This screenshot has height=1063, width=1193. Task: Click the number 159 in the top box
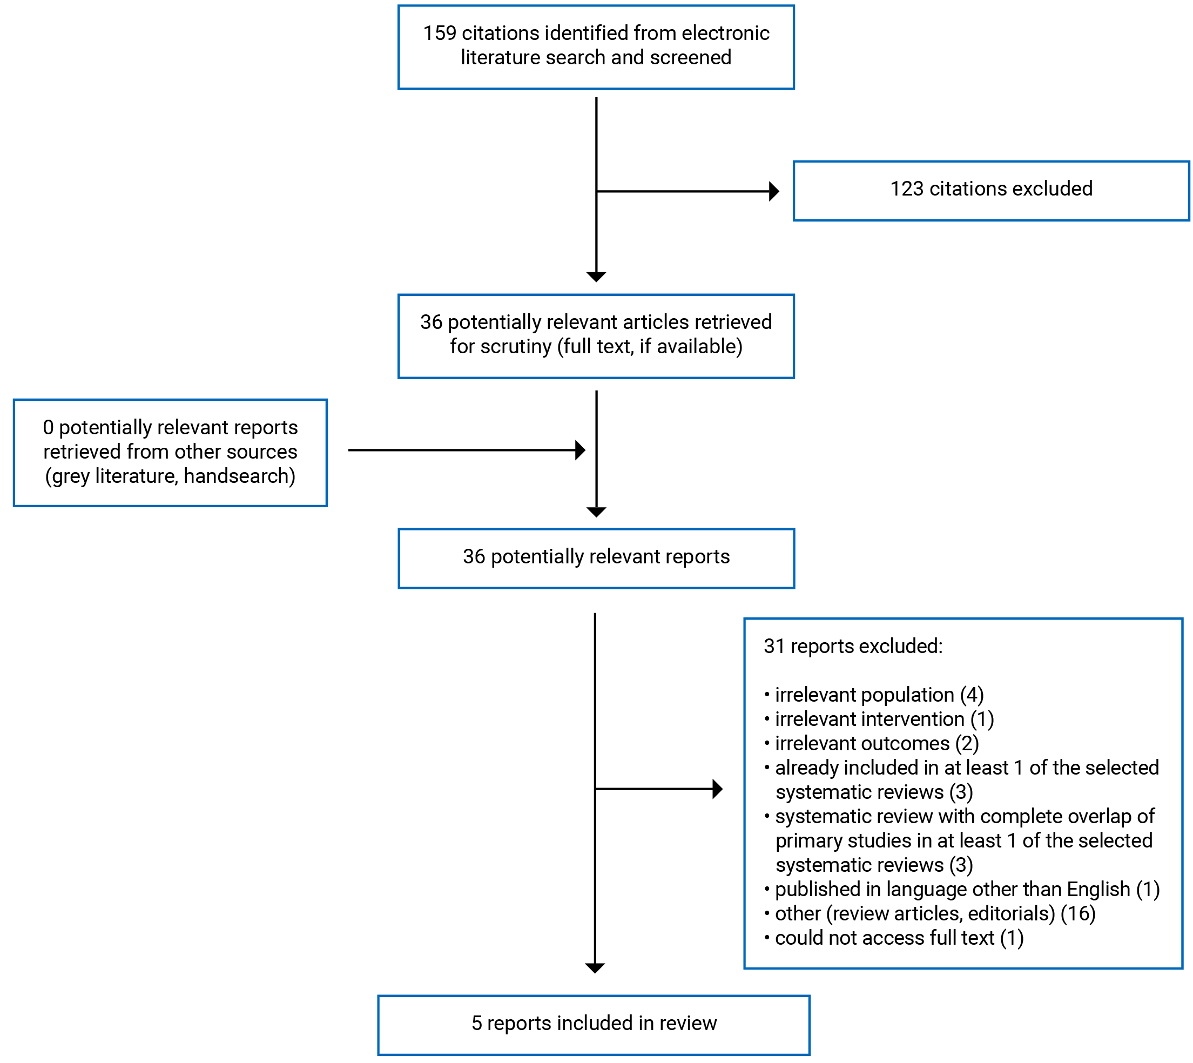[439, 33]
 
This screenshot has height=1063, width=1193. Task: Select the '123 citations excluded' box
[990, 191]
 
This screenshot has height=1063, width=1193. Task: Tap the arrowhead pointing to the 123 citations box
[774, 191]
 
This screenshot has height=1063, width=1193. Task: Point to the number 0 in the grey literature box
[48, 428]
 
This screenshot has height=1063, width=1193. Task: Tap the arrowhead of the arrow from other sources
[580, 450]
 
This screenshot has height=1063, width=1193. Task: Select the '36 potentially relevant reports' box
[596, 558]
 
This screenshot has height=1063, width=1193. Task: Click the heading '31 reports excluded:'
[853, 646]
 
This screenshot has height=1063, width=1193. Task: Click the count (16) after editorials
[1077, 913]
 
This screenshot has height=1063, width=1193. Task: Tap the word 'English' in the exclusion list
[1098, 889]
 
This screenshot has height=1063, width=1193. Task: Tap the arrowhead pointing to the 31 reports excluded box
[718, 789]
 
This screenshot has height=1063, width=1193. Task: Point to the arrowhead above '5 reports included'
[595, 968]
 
